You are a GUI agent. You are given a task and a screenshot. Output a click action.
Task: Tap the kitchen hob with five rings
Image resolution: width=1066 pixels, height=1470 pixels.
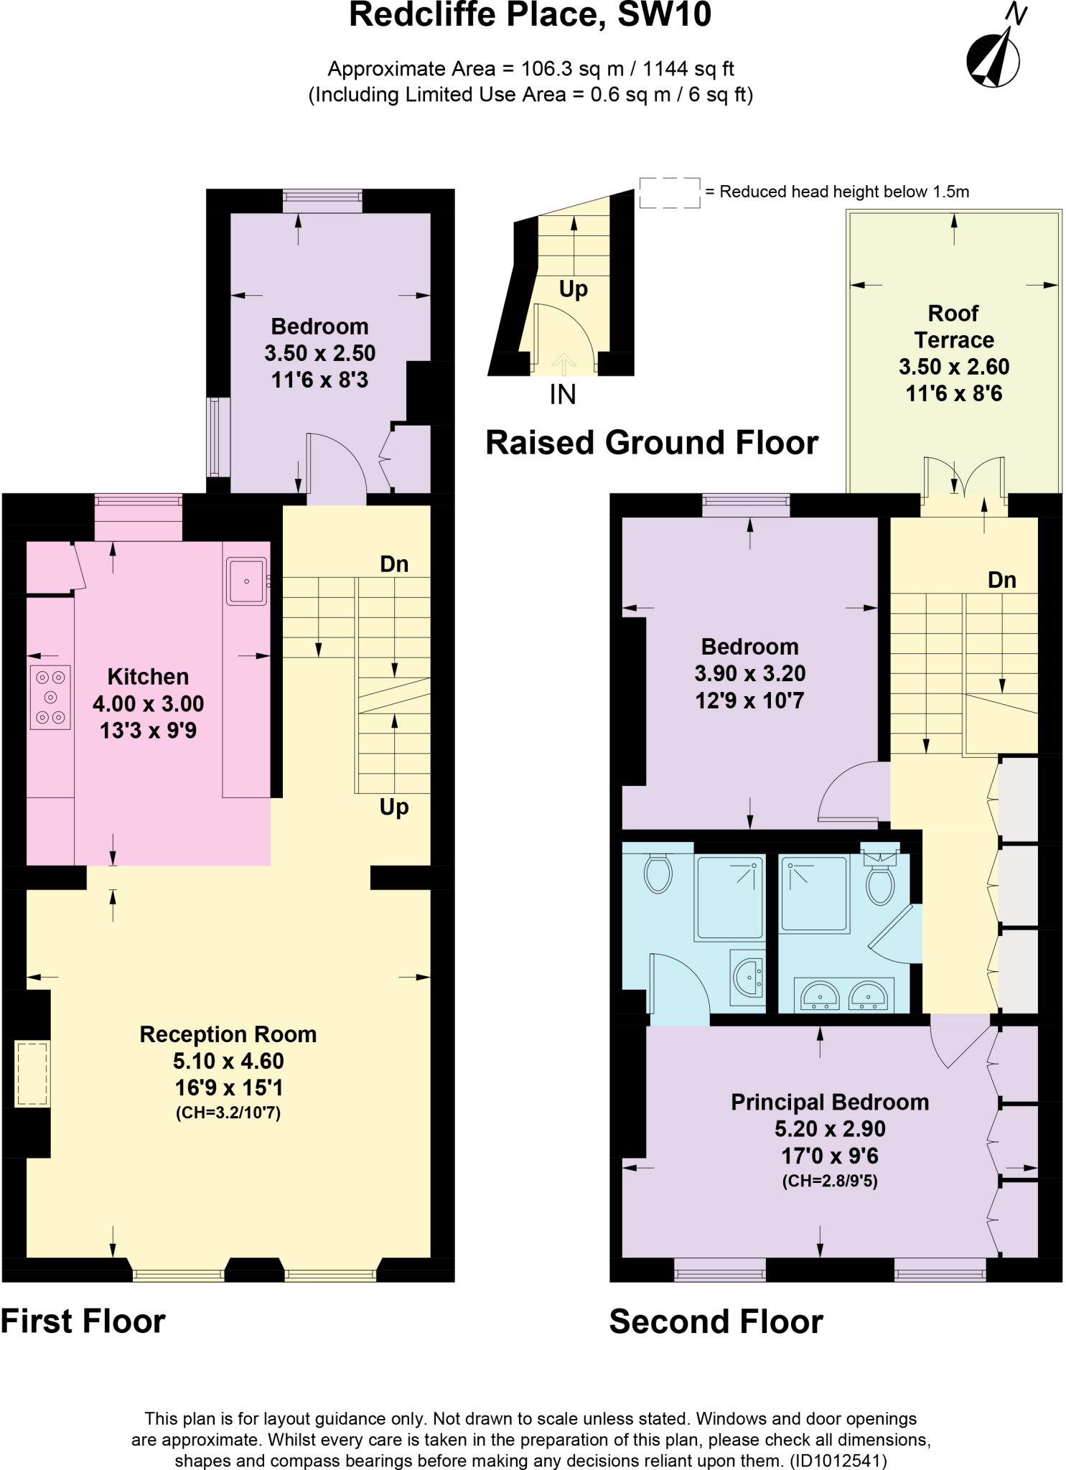pyautogui.click(x=50, y=697)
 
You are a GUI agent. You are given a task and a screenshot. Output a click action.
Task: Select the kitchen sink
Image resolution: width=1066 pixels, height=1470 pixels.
pyautogui.click(x=246, y=581)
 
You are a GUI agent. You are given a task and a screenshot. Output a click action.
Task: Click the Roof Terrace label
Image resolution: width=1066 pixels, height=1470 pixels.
pyautogui.click(x=953, y=327)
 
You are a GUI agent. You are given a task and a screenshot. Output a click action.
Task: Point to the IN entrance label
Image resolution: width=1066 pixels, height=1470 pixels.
pyautogui.click(x=563, y=395)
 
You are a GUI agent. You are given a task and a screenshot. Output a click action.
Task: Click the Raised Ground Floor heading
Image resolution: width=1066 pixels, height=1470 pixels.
pyautogui.click(x=652, y=443)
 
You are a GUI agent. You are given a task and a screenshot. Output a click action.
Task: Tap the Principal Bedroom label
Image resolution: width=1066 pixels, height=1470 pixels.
pyautogui.click(x=830, y=1102)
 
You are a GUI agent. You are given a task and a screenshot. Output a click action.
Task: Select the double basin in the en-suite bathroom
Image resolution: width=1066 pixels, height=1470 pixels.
pyautogui.click(x=844, y=995)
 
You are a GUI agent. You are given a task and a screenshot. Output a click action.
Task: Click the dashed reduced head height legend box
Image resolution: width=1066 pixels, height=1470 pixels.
pyautogui.click(x=669, y=192)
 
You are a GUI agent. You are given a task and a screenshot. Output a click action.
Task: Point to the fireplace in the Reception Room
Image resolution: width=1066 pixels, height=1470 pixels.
pyautogui.click(x=32, y=1074)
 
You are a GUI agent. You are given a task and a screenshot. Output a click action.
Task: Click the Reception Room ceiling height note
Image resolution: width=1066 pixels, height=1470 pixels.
pyautogui.click(x=228, y=1113)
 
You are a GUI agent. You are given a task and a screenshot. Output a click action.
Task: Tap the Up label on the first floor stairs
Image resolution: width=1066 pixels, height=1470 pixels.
pyautogui.click(x=394, y=807)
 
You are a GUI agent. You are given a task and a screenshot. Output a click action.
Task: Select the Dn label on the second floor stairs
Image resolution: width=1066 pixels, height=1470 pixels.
pyautogui.click(x=1001, y=580)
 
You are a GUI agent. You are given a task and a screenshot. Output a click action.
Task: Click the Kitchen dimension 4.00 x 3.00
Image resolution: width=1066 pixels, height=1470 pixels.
pyautogui.click(x=149, y=704)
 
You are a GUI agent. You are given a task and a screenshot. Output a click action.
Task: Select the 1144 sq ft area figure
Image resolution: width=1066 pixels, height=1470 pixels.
pyautogui.click(x=688, y=69)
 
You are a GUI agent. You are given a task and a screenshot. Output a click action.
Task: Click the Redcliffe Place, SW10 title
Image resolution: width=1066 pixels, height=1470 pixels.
pyautogui.click(x=530, y=16)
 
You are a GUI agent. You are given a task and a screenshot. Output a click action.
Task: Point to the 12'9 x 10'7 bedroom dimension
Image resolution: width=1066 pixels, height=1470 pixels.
pyautogui.click(x=749, y=701)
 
